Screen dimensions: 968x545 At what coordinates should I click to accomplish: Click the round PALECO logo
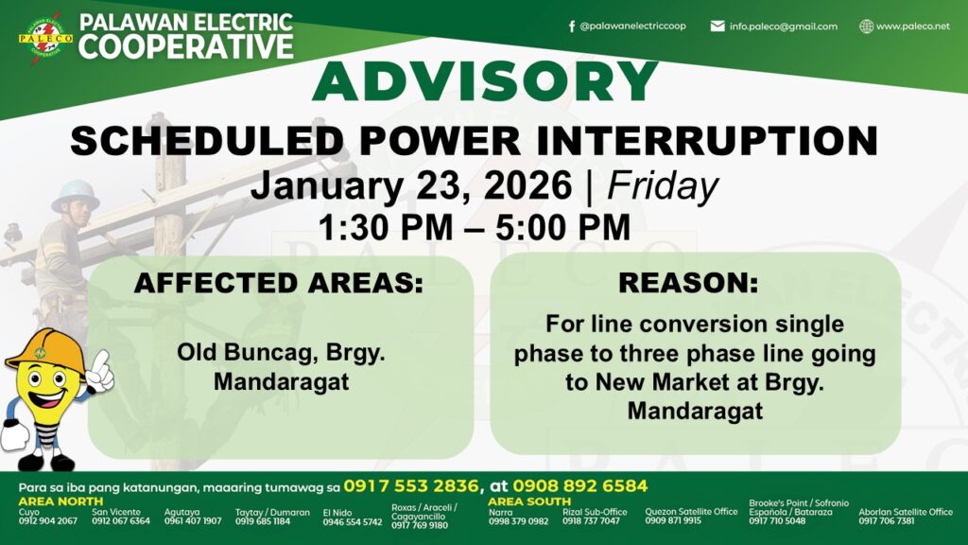(x=45, y=38)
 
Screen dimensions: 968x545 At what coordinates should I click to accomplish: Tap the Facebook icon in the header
(x=572, y=26)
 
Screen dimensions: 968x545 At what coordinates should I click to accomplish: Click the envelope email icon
(x=717, y=26)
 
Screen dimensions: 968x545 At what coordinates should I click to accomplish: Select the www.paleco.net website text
(x=912, y=26)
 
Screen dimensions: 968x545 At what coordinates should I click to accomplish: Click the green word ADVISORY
(x=485, y=81)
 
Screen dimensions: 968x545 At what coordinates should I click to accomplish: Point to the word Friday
(x=663, y=185)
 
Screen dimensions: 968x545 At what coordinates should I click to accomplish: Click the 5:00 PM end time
(x=562, y=227)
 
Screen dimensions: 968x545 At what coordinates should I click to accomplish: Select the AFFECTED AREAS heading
(x=279, y=283)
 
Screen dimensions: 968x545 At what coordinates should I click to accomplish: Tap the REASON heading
(x=688, y=283)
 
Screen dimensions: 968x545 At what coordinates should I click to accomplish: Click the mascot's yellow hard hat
(x=44, y=352)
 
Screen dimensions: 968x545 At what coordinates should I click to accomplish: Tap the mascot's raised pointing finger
(x=103, y=361)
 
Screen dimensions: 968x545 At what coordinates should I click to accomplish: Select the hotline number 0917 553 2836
(x=411, y=485)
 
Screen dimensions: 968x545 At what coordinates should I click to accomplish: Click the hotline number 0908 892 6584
(x=579, y=485)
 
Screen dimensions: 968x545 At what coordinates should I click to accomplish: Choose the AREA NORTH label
(x=60, y=501)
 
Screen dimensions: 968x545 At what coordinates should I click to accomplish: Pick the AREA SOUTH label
(x=529, y=501)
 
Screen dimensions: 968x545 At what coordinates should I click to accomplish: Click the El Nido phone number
(x=353, y=522)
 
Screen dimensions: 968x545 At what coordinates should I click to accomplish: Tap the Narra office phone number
(x=519, y=521)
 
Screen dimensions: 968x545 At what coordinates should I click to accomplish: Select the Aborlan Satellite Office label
(x=906, y=512)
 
